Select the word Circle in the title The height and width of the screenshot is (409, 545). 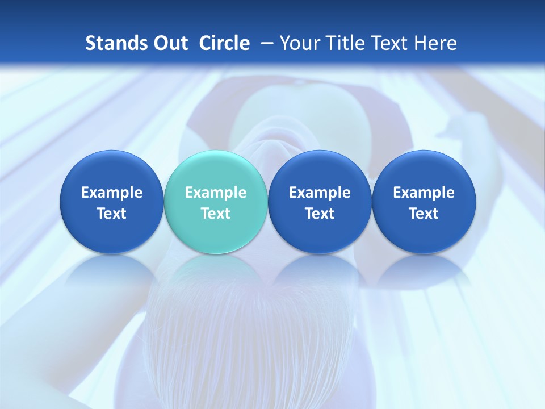[x=224, y=43]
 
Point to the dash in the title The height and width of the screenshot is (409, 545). [x=265, y=44]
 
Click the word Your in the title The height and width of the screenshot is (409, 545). [x=298, y=43]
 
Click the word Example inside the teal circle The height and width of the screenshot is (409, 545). [x=216, y=193]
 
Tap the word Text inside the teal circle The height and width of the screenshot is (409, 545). [x=216, y=214]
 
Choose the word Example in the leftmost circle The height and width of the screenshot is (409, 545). [x=112, y=193]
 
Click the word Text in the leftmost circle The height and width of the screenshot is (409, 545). [x=112, y=214]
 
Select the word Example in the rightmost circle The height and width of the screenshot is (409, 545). [x=424, y=193]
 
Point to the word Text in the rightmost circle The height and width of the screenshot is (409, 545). [x=424, y=214]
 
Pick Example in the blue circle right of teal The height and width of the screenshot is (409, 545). [x=320, y=193]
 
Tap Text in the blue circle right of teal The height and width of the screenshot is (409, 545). [x=320, y=214]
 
